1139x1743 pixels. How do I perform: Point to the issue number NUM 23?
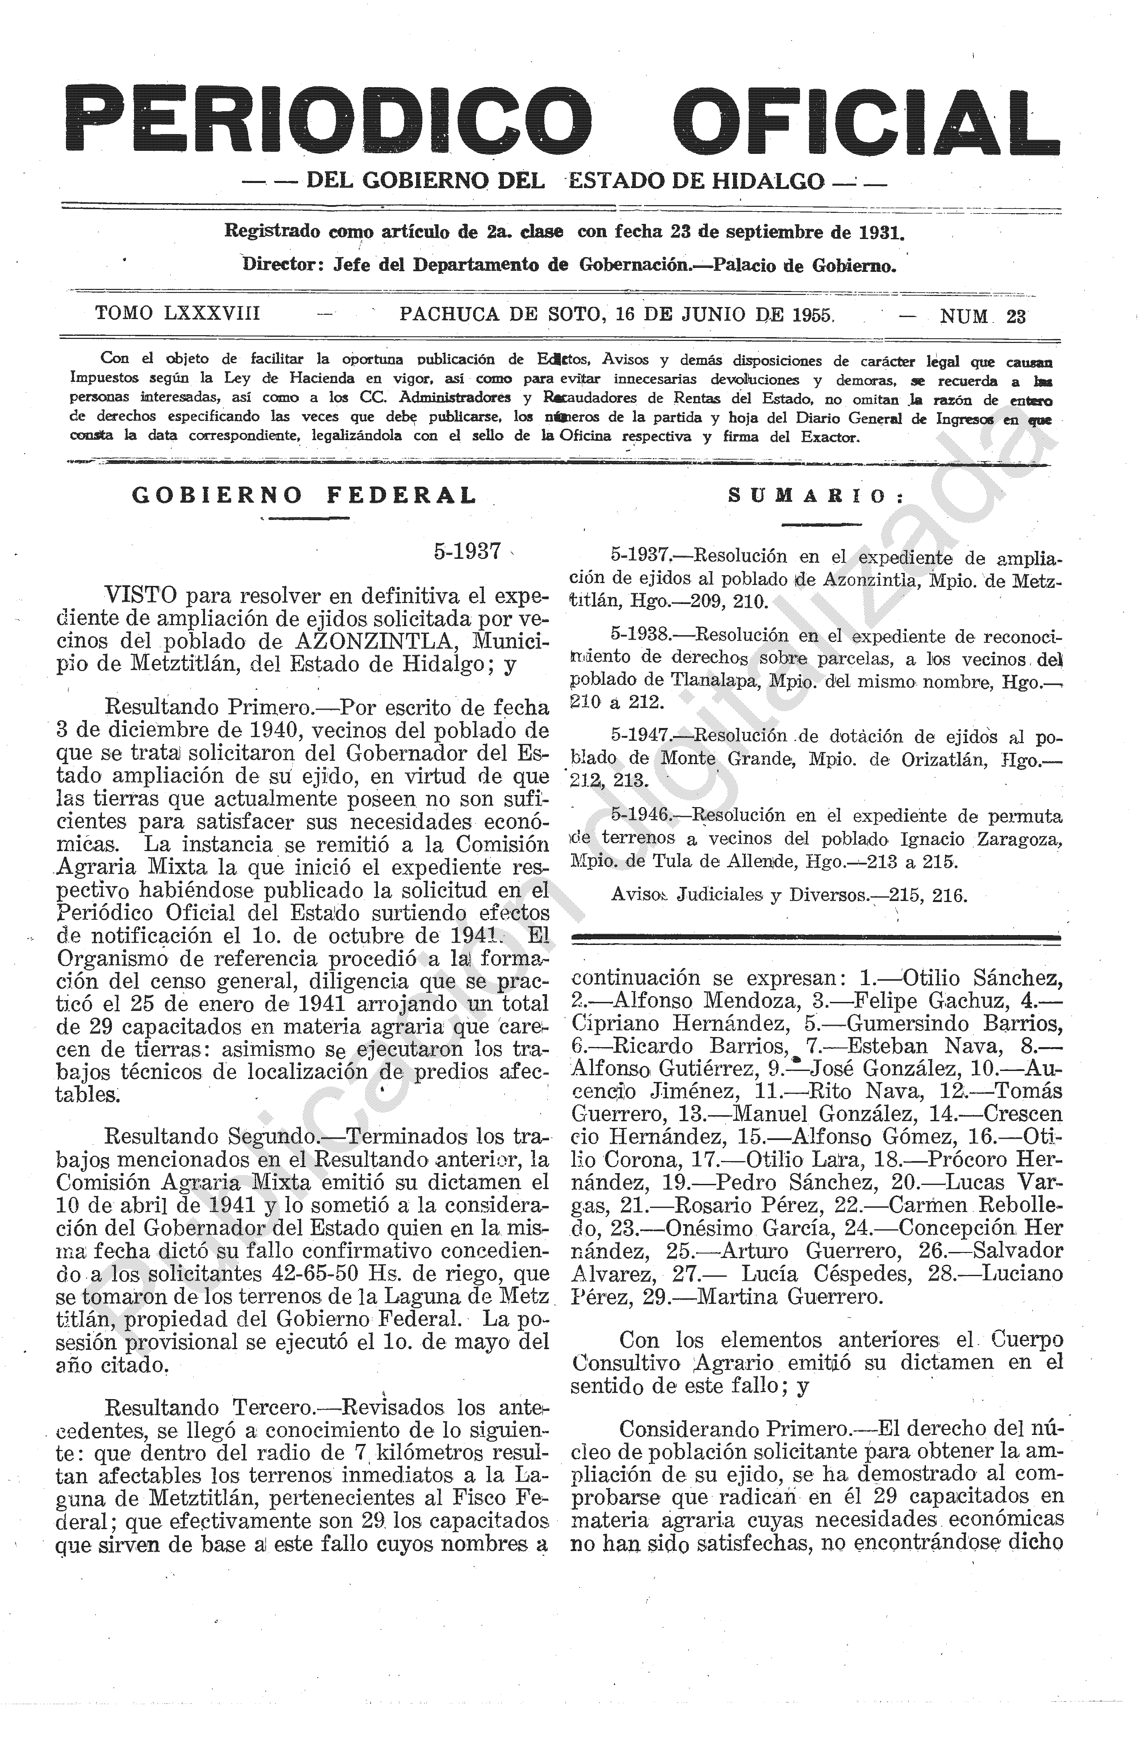point(983,316)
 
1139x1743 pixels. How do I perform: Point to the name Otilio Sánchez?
point(982,978)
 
